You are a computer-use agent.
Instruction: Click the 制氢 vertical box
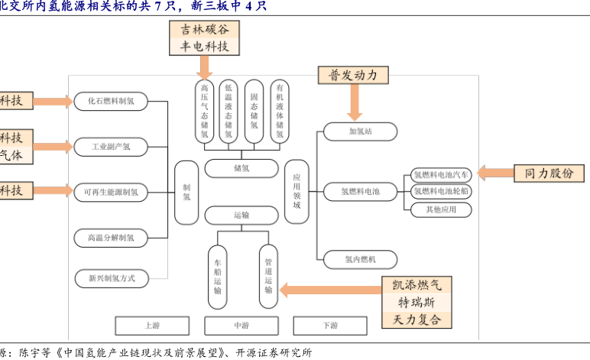(x=186, y=192)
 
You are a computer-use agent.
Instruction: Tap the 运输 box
(x=241, y=216)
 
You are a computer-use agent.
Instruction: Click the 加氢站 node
(x=360, y=131)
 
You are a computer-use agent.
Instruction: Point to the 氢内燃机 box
(x=360, y=260)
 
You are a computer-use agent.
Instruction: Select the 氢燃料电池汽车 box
(x=441, y=174)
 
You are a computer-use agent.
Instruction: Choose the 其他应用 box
(x=441, y=209)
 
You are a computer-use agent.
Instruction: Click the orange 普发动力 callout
(x=353, y=75)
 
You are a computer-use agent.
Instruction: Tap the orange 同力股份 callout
(x=548, y=173)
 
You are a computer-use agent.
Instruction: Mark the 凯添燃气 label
(x=417, y=285)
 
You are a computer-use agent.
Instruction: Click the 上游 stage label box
(x=152, y=326)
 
